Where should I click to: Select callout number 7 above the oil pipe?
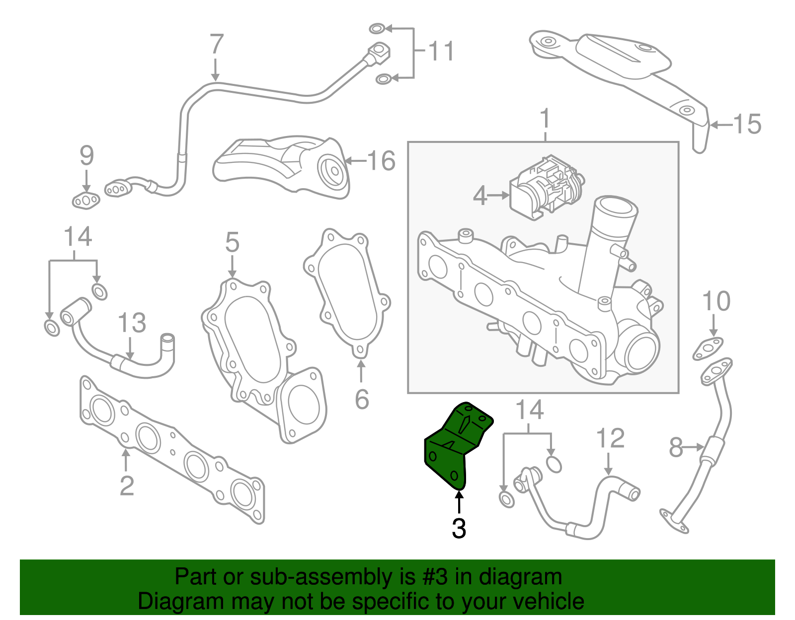[x=217, y=45]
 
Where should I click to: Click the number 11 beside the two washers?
[x=441, y=51]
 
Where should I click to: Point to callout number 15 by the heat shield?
[x=747, y=124]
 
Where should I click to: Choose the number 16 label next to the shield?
[x=381, y=161]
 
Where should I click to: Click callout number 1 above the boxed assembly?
[x=545, y=119]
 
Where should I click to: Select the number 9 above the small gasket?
[x=86, y=156]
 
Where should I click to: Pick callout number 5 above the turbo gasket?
[x=232, y=243]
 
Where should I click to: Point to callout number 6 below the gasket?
[x=362, y=400]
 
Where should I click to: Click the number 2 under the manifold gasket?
[x=127, y=485]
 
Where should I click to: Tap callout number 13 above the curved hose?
[x=132, y=323]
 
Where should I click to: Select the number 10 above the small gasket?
[x=716, y=301]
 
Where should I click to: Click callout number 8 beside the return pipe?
[x=676, y=447]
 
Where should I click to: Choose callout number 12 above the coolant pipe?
[x=610, y=438]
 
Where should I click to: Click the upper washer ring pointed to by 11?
[x=377, y=28]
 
